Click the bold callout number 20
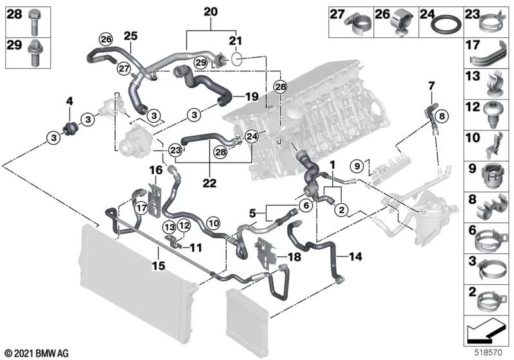click(211, 11)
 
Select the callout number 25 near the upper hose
click(131, 36)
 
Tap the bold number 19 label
click(251, 96)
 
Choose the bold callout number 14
click(355, 257)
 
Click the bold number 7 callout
click(431, 85)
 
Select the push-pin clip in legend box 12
click(493, 113)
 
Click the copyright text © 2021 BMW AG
click(37, 352)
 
